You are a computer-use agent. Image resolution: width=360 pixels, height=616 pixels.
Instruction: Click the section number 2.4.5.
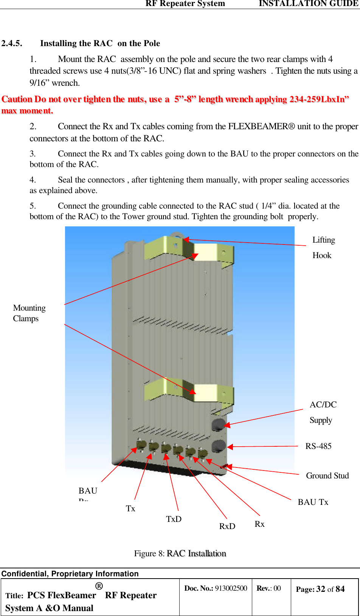12,43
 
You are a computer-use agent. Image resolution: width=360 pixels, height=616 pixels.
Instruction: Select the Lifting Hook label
323,248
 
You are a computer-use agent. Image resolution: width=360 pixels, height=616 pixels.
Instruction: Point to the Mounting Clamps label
29,313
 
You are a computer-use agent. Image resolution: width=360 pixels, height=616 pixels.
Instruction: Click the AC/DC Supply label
323,412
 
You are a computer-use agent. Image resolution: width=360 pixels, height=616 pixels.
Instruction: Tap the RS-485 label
318,446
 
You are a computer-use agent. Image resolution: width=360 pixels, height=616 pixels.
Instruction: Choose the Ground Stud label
327,476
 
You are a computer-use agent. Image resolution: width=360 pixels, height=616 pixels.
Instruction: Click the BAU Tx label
313,502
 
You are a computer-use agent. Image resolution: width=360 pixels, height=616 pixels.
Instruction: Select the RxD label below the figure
227,526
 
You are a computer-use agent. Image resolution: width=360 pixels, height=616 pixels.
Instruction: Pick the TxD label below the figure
174,519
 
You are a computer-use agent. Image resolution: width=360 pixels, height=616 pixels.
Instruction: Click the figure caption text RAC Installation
196,554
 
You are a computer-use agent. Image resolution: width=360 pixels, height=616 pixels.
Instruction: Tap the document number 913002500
231,588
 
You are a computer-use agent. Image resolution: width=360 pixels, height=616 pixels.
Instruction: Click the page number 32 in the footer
321,589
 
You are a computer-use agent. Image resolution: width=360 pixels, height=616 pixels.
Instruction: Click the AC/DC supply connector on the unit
218,424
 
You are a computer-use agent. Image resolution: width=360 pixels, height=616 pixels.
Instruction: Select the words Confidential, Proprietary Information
70,574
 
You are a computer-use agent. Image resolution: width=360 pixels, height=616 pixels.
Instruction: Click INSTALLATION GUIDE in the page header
309,4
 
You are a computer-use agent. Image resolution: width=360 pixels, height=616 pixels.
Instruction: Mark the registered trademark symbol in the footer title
99,586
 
